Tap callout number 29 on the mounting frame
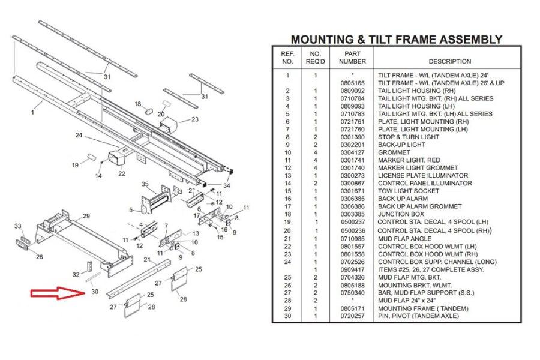[86, 216]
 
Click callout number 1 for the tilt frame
[34, 112]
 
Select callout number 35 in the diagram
[145, 184]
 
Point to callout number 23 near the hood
[195, 119]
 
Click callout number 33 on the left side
[18, 226]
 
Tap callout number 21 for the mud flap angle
[147, 260]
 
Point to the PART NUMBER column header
[352, 58]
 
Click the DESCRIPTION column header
[449, 61]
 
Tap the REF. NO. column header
[287, 58]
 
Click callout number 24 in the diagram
[79, 135]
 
